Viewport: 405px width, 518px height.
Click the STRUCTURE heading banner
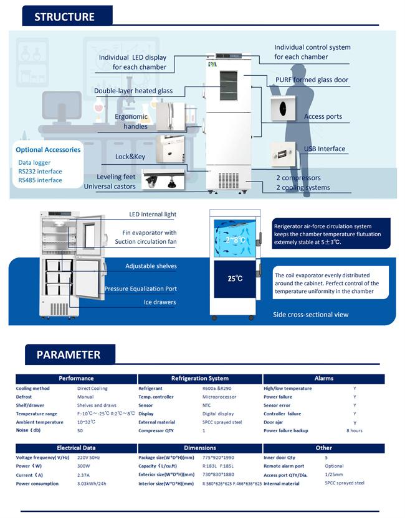click(65, 17)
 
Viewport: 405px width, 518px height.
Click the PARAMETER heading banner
click(69, 355)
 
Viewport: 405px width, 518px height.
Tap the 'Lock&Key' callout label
click(130, 157)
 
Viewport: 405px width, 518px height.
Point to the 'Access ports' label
click(323, 117)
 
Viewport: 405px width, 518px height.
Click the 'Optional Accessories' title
click(48, 150)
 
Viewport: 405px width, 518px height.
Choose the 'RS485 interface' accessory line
click(40, 180)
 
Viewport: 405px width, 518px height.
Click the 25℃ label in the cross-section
click(234, 278)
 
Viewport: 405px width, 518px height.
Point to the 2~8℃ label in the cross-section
click(235, 239)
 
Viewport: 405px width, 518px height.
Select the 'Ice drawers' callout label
click(160, 303)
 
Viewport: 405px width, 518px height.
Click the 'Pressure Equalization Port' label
click(141, 289)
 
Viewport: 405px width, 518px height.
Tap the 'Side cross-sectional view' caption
click(311, 315)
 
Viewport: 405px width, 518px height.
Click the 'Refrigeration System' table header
click(199, 378)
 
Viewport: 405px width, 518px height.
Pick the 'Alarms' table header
click(324, 378)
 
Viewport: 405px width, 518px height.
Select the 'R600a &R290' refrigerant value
click(216, 389)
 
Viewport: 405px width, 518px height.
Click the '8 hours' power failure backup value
click(355, 430)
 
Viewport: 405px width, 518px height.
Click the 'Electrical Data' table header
click(76, 448)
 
